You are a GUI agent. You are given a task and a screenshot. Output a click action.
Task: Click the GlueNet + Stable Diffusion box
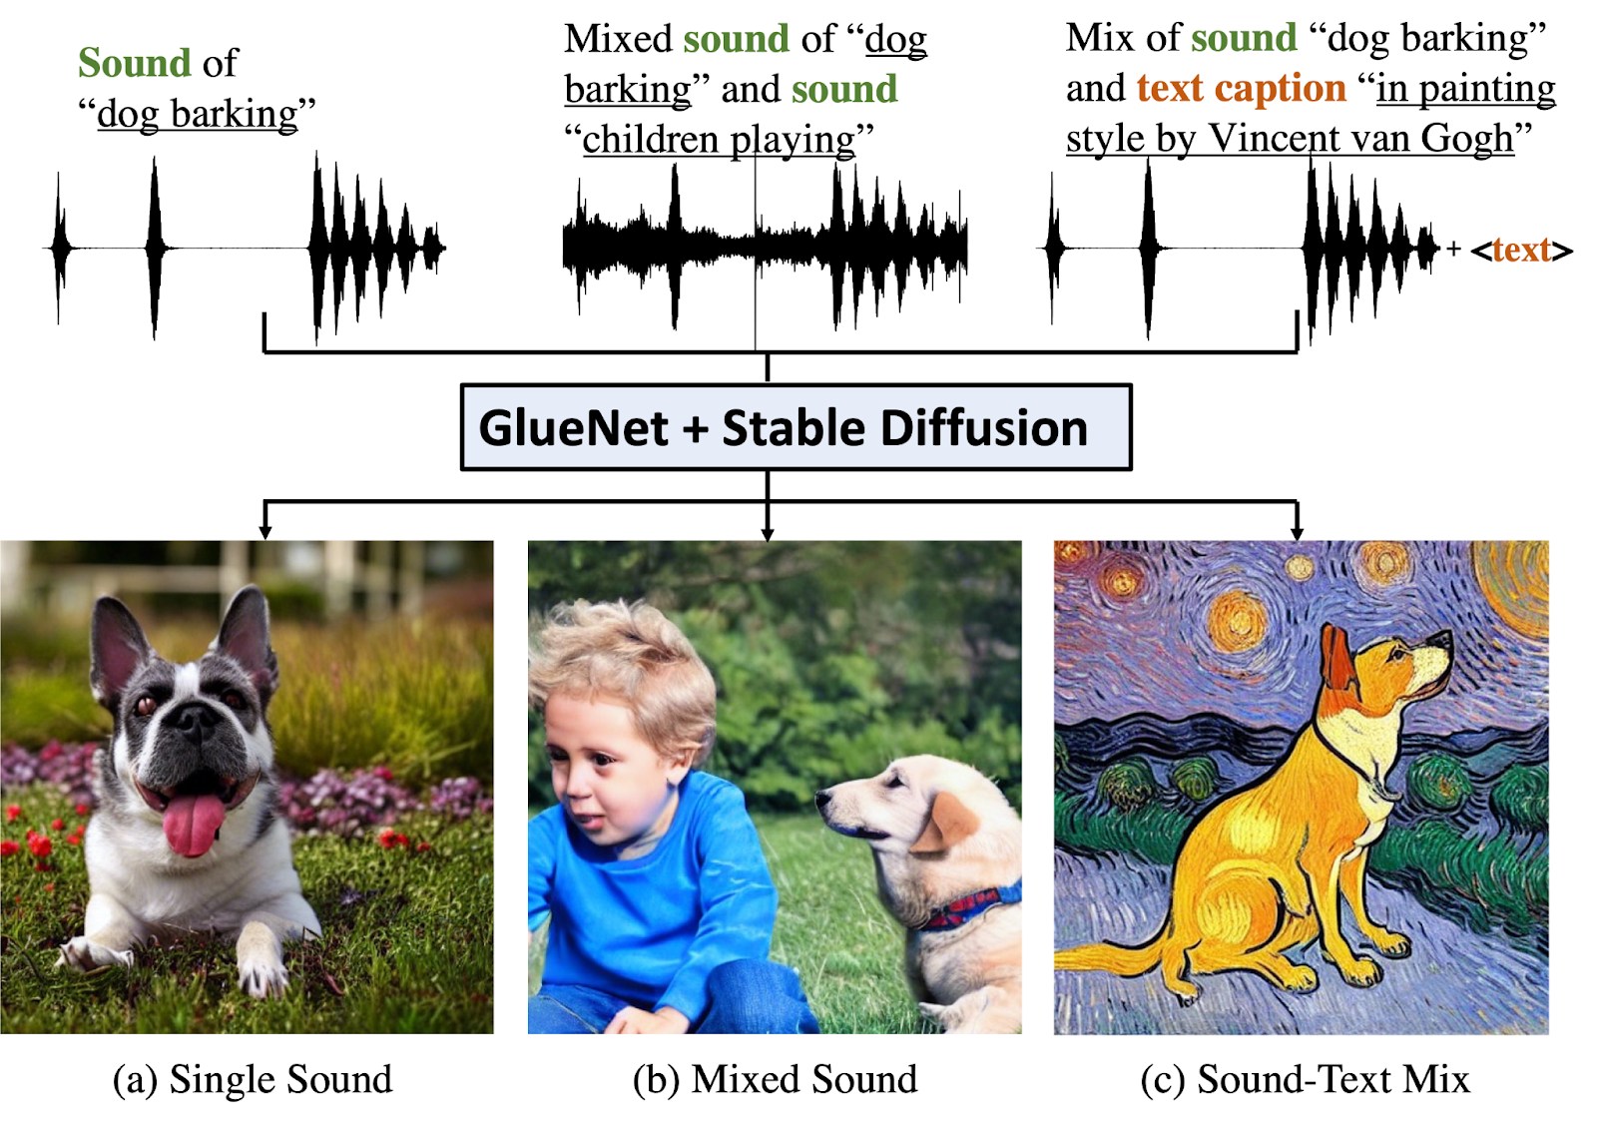click(x=796, y=427)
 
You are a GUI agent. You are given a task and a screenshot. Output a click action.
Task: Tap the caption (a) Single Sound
click(x=253, y=1079)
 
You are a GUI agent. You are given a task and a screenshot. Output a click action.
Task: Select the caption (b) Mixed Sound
click(x=775, y=1079)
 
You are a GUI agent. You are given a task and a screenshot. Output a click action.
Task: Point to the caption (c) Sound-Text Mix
click(x=1305, y=1079)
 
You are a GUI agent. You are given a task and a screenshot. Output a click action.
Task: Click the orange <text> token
click(x=1521, y=251)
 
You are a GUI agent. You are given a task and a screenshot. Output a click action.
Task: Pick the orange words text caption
click(x=1242, y=89)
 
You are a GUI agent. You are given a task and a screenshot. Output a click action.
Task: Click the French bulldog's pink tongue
click(x=193, y=825)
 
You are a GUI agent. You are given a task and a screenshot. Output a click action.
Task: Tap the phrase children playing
click(x=719, y=140)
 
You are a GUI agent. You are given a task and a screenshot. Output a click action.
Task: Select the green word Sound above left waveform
click(x=135, y=63)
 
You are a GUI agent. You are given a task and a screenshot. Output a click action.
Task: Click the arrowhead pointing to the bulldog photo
click(x=266, y=532)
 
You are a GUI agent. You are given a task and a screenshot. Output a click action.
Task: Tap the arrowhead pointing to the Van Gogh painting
click(x=1297, y=532)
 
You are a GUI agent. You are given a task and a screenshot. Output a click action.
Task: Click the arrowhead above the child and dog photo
click(x=768, y=532)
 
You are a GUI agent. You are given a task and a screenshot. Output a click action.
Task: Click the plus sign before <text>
click(x=1453, y=249)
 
